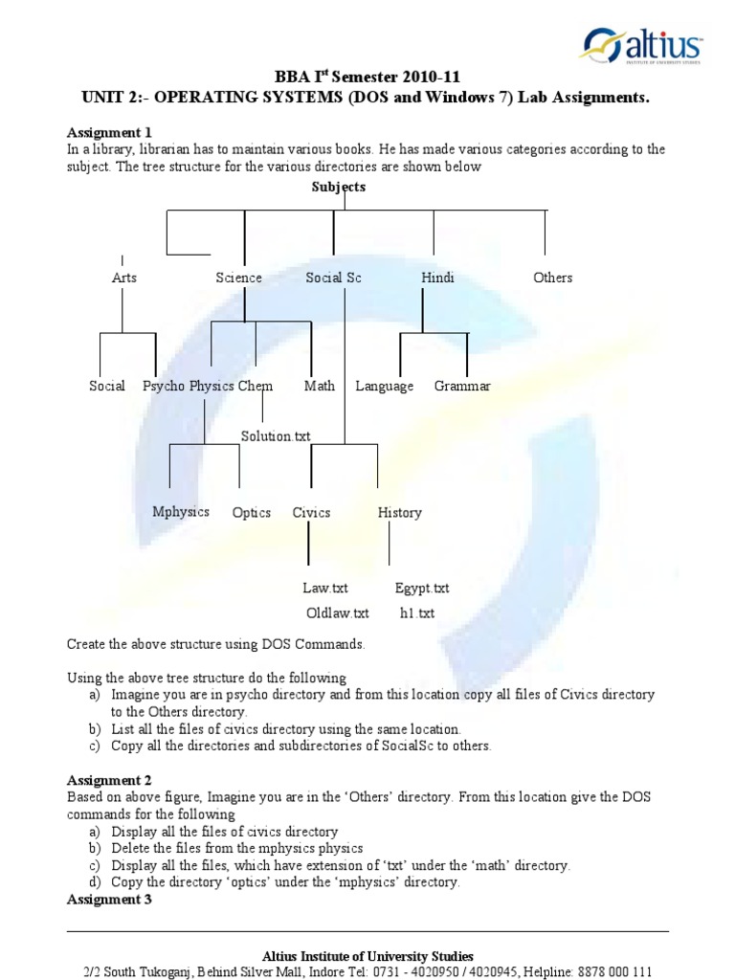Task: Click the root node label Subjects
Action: (x=339, y=187)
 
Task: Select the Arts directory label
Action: (x=124, y=278)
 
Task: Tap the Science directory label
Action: (x=238, y=278)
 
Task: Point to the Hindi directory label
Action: (x=437, y=278)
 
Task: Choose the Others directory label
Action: (x=552, y=278)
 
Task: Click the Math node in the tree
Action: (x=320, y=386)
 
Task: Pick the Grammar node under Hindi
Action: (x=462, y=386)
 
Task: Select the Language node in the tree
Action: (x=385, y=386)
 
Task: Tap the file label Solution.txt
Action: (x=276, y=436)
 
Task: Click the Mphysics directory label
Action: (x=181, y=511)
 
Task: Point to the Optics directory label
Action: (x=252, y=513)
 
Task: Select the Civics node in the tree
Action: (x=311, y=513)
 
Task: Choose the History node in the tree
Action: (x=399, y=513)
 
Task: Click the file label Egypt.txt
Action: (x=422, y=588)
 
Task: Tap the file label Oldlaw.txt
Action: (x=337, y=612)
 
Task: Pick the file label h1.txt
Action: (x=417, y=612)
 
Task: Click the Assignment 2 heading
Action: (x=109, y=781)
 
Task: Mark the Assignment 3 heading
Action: (x=109, y=900)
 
